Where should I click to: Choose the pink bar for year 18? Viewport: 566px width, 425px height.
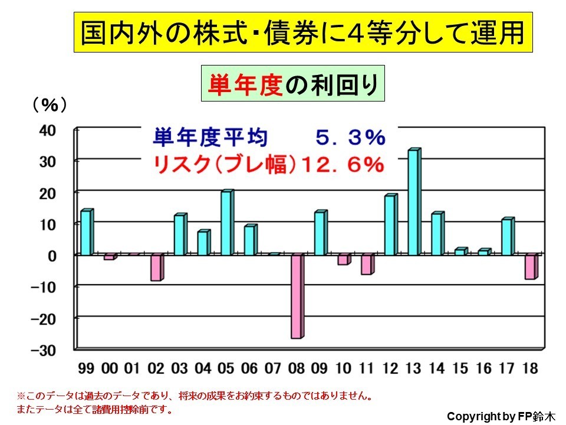(531, 267)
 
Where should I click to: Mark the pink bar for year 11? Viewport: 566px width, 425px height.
(367, 264)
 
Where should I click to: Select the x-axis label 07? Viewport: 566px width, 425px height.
(274, 369)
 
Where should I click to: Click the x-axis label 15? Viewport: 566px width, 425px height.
(460, 369)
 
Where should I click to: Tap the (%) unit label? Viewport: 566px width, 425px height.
(49, 105)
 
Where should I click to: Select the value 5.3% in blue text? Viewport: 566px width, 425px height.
(350, 138)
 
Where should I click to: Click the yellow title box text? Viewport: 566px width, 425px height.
(302, 33)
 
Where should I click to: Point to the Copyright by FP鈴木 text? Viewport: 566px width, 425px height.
(500, 416)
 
